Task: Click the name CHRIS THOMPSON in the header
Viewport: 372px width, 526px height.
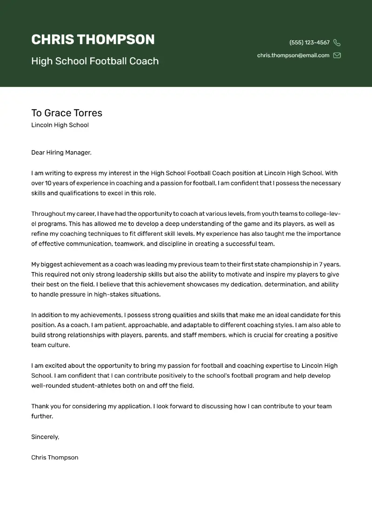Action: [x=93, y=40]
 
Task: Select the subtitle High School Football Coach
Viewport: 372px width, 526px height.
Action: [x=95, y=61]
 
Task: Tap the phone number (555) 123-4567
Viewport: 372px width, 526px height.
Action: [x=309, y=42]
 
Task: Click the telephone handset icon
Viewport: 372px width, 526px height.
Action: [x=337, y=43]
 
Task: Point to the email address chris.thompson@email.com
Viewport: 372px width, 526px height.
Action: [x=293, y=55]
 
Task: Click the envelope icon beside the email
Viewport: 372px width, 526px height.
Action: [x=337, y=55]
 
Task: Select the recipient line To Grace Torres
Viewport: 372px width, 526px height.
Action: [x=66, y=113]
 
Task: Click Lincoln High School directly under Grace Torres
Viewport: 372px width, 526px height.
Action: [x=60, y=125]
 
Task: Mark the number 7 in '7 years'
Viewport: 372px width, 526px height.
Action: [x=321, y=264]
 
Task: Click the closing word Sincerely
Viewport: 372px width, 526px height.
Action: [x=45, y=437]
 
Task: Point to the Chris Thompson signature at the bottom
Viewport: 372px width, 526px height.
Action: [x=54, y=457]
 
